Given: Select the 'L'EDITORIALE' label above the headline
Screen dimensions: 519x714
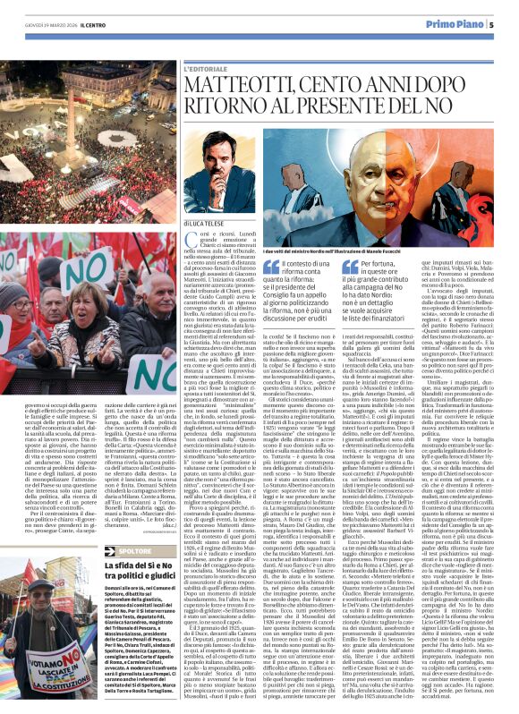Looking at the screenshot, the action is [x=207, y=68].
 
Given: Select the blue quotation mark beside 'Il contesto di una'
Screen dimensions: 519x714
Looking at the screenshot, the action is [x=270, y=267].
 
